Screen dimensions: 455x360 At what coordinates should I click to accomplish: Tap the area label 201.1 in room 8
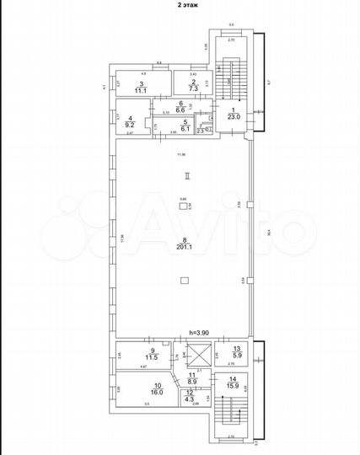(x=182, y=247)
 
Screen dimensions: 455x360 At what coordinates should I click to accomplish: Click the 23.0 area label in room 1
(x=234, y=115)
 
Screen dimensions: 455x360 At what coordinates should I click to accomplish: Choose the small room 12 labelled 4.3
(x=192, y=395)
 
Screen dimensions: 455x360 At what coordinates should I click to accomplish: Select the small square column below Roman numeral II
(x=183, y=204)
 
